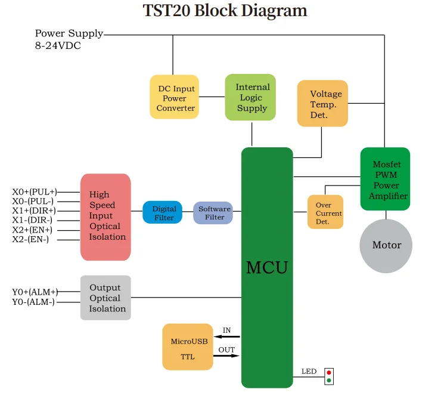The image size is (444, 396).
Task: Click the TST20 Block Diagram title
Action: pos(225,11)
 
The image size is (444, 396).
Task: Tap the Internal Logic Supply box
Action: pos(250,97)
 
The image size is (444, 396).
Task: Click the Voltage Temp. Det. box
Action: pos(322,104)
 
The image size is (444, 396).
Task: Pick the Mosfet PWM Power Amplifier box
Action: pos(385,179)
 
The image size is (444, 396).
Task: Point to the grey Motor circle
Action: pos(386,245)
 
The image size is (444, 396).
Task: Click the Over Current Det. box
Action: pos(325,212)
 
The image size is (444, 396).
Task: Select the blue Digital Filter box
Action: pos(162,212)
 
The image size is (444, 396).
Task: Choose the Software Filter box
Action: pos(213,213)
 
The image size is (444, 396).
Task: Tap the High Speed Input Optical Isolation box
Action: pos(105,216)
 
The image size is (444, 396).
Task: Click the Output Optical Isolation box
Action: pos(105,298)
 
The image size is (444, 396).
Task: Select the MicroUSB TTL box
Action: pos(187,346)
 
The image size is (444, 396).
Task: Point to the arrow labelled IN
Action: pos(226,337)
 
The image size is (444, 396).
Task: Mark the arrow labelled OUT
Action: pos(226,357)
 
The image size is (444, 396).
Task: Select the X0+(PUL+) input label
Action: pos(35,192)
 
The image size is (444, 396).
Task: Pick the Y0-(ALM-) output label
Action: pos(33,302)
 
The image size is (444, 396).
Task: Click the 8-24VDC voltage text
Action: pos(58,45)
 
